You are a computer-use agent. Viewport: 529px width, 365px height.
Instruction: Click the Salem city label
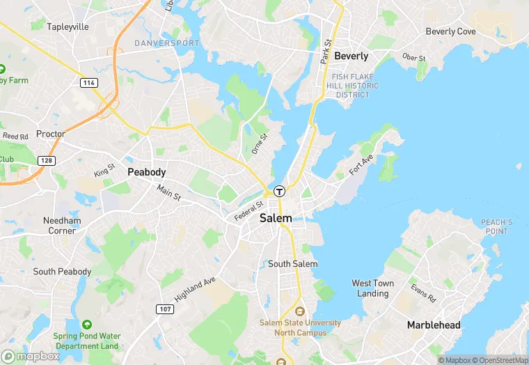(276, 218)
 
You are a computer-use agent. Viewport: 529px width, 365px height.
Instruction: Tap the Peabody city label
(146, 172)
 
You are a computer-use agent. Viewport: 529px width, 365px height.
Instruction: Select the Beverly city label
(351, 56)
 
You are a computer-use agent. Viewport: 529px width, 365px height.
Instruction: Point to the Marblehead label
(434, 325)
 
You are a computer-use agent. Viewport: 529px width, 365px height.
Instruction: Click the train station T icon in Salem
(279, 191)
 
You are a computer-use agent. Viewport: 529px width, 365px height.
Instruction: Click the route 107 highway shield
(164, 309)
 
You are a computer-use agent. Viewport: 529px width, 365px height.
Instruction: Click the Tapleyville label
(68, 26)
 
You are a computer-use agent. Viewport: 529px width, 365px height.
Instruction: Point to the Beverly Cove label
(450, 31)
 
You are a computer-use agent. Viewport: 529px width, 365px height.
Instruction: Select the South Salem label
(292, 264)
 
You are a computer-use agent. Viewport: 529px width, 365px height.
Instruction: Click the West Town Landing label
(372, 288)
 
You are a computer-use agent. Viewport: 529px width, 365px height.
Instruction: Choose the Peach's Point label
(496, 226)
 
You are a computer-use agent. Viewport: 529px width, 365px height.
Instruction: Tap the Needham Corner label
(62, 226)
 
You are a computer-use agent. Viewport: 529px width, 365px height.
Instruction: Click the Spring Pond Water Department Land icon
(86, 325)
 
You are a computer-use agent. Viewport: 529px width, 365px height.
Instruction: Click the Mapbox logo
(31, 356)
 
